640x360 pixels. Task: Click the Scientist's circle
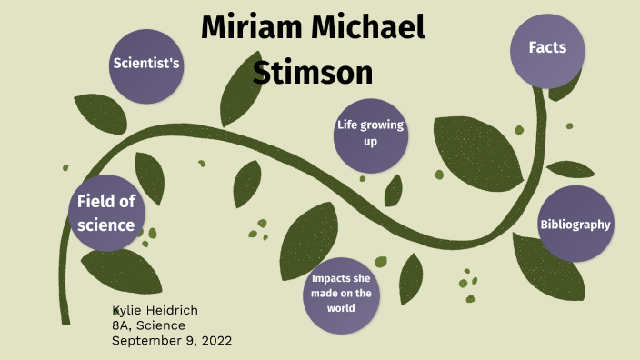coord(145,64)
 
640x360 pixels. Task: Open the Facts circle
coord(547,47)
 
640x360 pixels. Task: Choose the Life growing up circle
coord(369,134)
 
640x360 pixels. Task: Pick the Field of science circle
coord(105,213)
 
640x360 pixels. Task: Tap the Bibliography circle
coord(575,224)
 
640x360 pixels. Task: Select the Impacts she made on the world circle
coord(341,292)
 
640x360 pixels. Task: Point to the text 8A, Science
coord(148,325)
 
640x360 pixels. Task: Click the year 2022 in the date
coord(215,341)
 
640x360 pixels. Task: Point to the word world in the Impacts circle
coord(341,307)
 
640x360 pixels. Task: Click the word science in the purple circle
coord(105,225)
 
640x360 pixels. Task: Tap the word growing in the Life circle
coord(383,125)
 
